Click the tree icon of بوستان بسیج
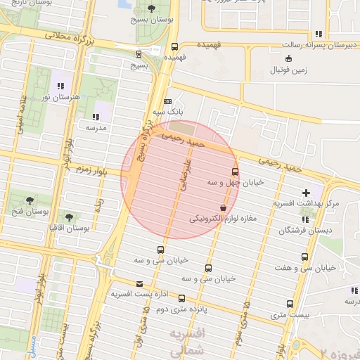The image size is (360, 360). point(152,8)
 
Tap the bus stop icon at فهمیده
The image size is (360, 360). point(170,44)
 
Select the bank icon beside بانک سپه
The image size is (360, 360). point(167,101)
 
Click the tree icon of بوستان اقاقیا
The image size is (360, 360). point(69,217)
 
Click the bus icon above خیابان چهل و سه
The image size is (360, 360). point(235,171)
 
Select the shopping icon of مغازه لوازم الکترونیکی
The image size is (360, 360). point(224,208)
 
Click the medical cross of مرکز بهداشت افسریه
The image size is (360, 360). point(306,193)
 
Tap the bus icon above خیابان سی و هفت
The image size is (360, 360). point(304,257)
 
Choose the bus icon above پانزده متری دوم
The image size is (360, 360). point(182,298)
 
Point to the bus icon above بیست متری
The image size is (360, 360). point(290,304)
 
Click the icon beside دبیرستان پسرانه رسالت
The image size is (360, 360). point(319,34)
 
